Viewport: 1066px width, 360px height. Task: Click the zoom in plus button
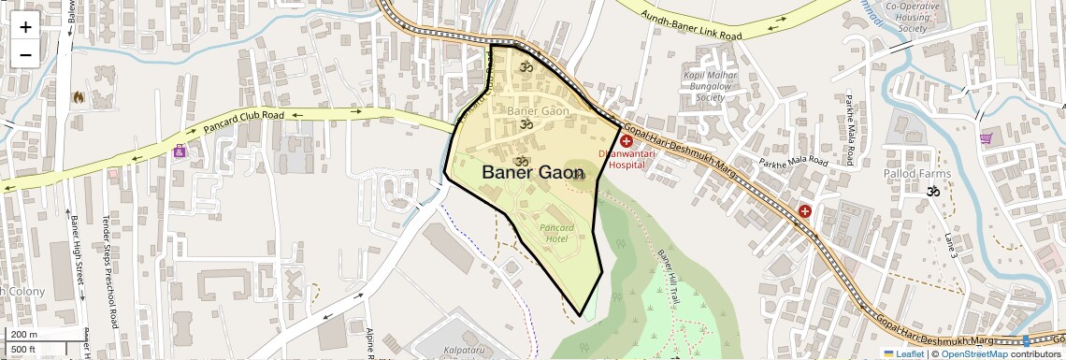click(x=25, y=26)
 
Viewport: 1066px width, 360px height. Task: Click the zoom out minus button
click(x=25, y=54)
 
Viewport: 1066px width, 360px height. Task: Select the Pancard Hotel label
click(x=557, y=233)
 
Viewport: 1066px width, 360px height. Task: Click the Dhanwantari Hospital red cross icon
click(x=626, y=140)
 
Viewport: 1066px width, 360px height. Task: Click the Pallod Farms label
click(x=917, y=173)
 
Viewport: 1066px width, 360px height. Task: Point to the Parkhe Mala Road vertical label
click(x=849, y=129)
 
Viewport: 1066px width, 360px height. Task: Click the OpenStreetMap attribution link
click(x=973, y=354)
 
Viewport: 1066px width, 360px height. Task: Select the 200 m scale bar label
click(x=25, y=334)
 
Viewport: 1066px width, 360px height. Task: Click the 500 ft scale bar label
click(x=25, y=349)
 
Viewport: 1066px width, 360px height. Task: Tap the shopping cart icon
click(x=986, y=139)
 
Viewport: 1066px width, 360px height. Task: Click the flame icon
click(x=78, y=96)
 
